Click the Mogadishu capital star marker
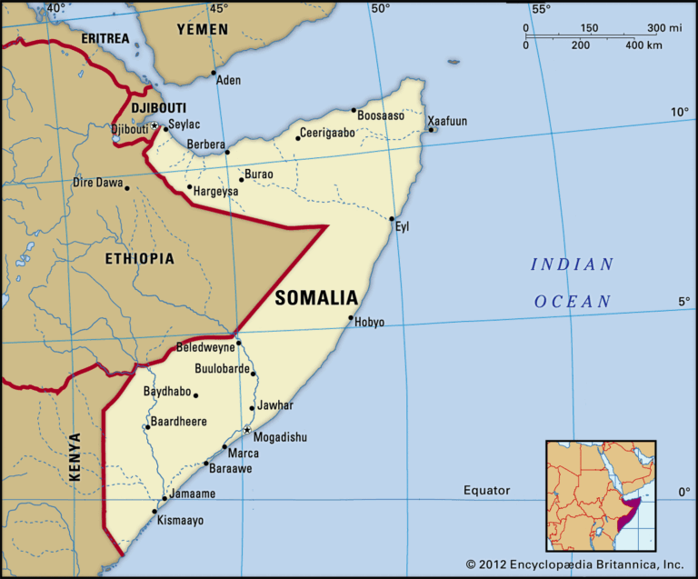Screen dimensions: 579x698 point(247,430)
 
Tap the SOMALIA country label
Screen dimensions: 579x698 point(316,297)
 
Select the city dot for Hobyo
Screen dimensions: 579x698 point(351,318)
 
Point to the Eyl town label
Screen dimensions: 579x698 point(402,226)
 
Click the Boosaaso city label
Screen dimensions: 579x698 point(381,115)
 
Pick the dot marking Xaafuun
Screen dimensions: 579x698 point(431,130)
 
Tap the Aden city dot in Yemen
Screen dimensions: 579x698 point(214,73)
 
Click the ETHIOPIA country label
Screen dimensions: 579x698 point(139,259)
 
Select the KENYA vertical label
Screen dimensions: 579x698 point(75,456)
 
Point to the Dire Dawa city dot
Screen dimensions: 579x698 point(127,188)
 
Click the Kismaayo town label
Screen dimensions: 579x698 point(180,521)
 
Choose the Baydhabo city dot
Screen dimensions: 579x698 point(195,394)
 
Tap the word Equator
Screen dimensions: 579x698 point(487,491)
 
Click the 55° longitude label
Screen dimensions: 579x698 point(542,9)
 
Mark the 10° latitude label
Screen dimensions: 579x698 point(680,112)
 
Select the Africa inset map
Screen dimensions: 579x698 point(600,495)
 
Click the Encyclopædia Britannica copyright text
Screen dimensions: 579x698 point(574,564)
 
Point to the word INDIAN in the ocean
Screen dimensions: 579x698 point(573,265)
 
